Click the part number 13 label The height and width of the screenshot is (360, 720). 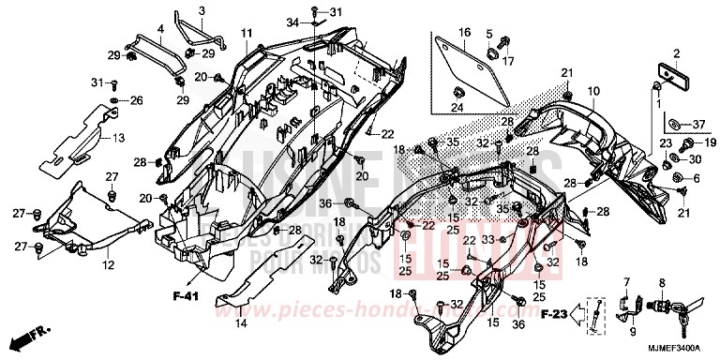(118, 139)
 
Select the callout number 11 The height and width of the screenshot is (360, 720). (246, 34)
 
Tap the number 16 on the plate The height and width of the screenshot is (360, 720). (463, 34)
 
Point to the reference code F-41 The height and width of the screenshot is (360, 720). (185, 297)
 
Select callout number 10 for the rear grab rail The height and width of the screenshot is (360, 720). (592, 91)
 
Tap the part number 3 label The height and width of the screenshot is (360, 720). (201, 10)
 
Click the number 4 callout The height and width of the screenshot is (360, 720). (160, 29)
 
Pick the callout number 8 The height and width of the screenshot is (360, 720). (662, 281)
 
